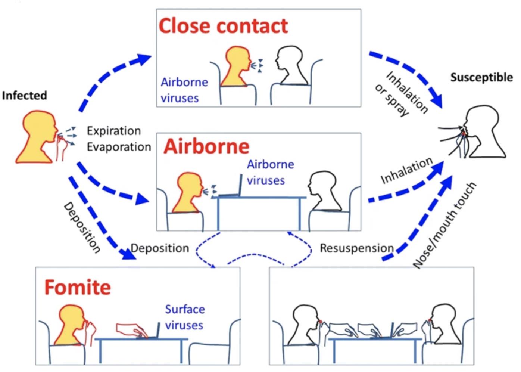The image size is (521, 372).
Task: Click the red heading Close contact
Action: [x=223, y=26]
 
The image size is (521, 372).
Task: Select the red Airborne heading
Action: [x=206, y=146]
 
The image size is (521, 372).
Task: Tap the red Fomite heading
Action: [x=78, y=288]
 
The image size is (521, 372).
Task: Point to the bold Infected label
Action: [x=24, y=96]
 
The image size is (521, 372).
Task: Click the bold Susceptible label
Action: [x=481, y=77]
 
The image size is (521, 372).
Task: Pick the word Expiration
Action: [x=114, y=131]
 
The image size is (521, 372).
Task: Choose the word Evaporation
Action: [x=119, y=147]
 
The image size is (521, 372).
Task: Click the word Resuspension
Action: [x=356, y=248]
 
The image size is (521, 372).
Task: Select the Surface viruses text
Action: [x=185, y=317]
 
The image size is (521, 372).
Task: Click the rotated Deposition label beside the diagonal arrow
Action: [x=82, y=228]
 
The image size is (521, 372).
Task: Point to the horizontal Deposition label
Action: [x=160, y=248]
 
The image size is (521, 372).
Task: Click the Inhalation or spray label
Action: [x=402, y=94]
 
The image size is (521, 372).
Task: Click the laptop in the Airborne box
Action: [x=230, y=186]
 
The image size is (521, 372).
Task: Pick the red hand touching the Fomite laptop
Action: [x=132, y=330]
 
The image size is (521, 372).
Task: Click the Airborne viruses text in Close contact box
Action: [x=184, y=90]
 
